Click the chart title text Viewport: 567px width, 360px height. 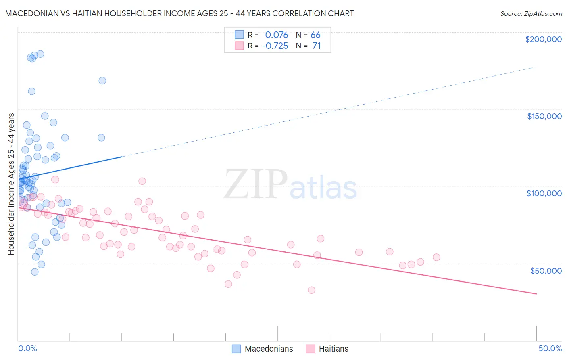coord(179,13)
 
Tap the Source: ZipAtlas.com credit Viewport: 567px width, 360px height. coord(531,13)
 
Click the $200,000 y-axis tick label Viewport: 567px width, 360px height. coord(543,39)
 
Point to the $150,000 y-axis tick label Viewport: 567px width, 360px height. coord(544,116)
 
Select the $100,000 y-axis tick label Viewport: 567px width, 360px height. coord(544,193)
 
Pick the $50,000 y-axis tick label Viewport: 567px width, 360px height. coord(546,270)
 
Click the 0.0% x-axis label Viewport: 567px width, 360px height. coord(27,348)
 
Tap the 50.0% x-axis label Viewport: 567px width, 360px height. coord(550,348)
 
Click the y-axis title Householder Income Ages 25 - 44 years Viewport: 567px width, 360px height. coord(11,184)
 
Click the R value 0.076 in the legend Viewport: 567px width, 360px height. coord(277,35)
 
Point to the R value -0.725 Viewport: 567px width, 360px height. coord(275,46)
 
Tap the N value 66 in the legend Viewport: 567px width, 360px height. coord(315,35)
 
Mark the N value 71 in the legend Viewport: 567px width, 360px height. coord(317,46)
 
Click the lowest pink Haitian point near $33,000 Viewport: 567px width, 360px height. coord(311,290)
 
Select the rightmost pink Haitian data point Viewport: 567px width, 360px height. coord(436,257)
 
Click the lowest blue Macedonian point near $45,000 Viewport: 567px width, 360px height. coord(35,272)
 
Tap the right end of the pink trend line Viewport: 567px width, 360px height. coord(536,294)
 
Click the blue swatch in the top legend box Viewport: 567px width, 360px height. coord(239,35)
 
